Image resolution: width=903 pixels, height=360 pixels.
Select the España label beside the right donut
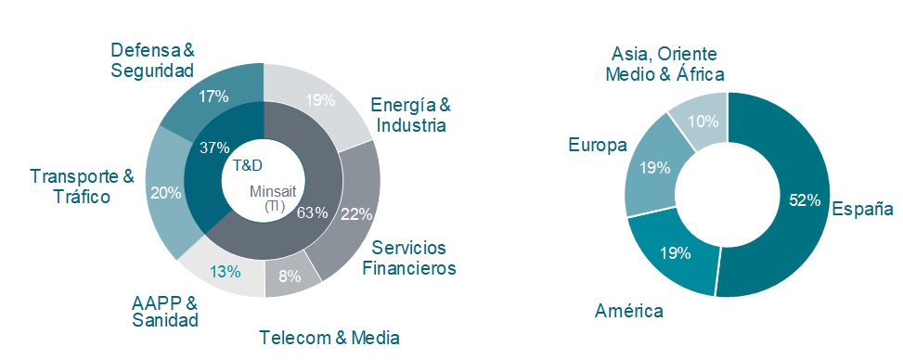(861, 209)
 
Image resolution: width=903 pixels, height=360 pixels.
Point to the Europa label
(599, 146)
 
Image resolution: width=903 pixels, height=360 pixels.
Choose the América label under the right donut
(629, 310)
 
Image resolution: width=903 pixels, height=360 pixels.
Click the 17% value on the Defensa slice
(213, 95)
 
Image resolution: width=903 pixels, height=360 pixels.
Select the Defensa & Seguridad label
(151, 59)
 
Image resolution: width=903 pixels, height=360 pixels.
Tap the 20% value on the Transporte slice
(165, 193)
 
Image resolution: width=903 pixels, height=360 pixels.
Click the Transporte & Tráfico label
(82, 186)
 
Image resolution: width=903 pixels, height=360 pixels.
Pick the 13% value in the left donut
(226, 272)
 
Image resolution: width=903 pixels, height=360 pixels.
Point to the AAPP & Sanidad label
(164, 311)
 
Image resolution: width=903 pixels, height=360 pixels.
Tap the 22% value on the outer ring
(357, 214)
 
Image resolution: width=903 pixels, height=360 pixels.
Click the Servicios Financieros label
(408, 258)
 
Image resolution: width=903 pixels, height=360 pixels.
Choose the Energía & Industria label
(409, 114)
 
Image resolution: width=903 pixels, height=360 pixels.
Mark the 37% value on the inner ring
(214, 148)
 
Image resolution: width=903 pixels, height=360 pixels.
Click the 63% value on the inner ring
(313, 212)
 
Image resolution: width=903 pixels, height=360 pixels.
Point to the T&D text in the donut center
(247, 165)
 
